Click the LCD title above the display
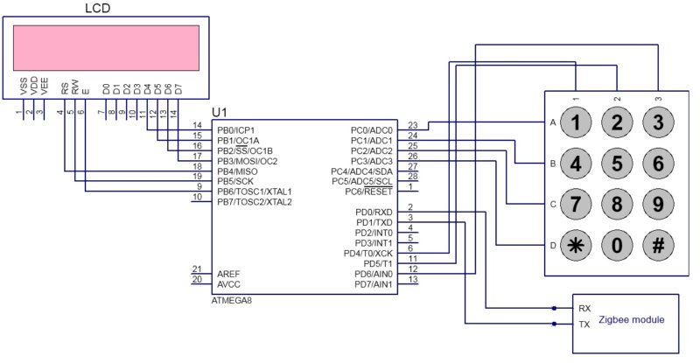click(x=97, y=9)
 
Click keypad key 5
click(x=617, y=163)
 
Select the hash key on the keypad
click(x=658, y=245)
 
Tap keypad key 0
click(x=617, y=245)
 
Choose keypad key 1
click(x=576, y=122)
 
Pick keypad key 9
click(x=658, y=204)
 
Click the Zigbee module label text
click(x=631, y=321)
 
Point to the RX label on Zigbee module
click(x=584, y=309)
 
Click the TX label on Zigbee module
click(x=584, y=324)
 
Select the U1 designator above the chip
click(x=220, y=114)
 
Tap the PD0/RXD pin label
click(x=373, y=212)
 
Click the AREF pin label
click(x=229, y=274)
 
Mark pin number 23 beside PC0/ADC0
click(x=413, y=126)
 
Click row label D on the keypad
click(x=552, y=246)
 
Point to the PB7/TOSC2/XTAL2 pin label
click(x=254, y=202)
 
